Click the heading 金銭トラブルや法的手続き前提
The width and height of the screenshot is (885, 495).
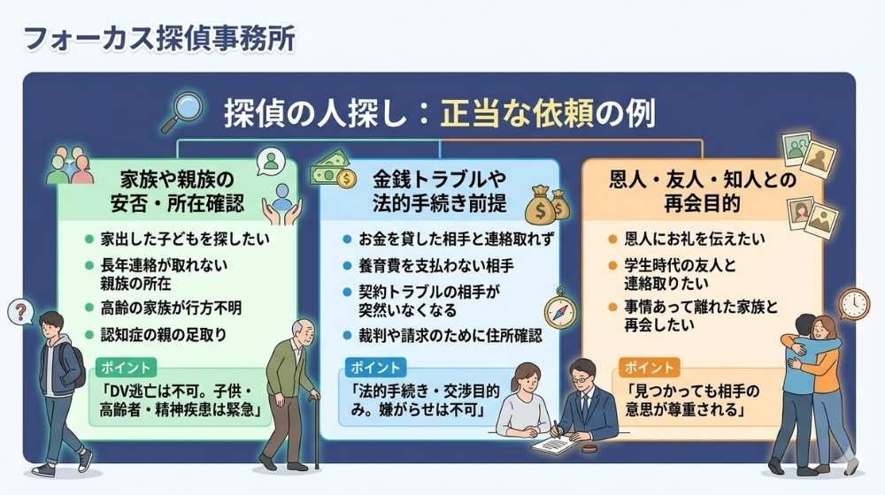[x=440, y=191]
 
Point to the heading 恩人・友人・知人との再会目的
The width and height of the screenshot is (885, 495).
[x=702, y=191]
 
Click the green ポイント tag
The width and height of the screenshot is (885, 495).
[x=127, y=366]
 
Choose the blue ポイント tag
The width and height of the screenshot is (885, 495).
[x=373, y=366]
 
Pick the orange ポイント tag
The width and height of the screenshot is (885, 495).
[x=648, y=366]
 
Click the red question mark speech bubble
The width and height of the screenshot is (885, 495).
[x=19, y=311]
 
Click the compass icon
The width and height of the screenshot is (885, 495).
[x=559, y=308]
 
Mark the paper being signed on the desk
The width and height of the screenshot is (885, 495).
[x=552, y=442]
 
